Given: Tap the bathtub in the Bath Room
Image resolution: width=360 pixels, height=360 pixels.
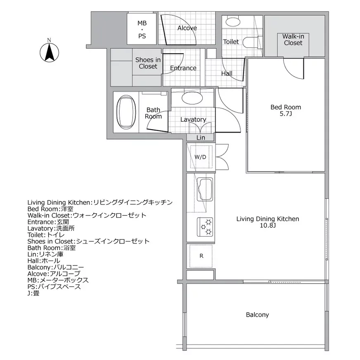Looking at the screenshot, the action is click(126, 112).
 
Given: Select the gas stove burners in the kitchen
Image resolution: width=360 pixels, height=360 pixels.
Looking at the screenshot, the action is click(205, 227).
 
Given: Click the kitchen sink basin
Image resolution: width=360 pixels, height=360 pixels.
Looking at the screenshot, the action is click(205, 189).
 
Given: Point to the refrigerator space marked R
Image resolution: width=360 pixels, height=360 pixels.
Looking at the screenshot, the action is click(201, 256).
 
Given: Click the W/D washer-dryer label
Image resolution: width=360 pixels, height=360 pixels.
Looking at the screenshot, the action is click(200, 157).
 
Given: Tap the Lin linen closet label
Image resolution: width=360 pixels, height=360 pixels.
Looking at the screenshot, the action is click(201, 137).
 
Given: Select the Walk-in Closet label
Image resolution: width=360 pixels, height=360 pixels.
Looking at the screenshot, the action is click(293, 40).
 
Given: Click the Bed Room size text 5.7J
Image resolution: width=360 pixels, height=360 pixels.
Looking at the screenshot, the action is click(286, 114).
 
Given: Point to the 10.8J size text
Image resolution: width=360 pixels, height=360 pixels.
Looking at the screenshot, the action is click(268, 225).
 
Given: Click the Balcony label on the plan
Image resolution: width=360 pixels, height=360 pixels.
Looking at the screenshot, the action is click(257, 315).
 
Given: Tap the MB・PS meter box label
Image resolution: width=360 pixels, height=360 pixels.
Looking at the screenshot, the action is click(142, 30).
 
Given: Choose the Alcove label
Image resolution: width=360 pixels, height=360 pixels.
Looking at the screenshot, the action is click(187, 28).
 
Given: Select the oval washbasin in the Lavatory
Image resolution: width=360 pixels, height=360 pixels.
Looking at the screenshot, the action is click(192, 98).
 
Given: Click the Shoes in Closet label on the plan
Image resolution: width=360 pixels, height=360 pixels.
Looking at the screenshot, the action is click(148, 63).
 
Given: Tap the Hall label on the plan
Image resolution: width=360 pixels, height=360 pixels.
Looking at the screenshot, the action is click(227, 73).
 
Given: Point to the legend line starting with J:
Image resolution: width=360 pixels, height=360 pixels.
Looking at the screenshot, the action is click(33, 293).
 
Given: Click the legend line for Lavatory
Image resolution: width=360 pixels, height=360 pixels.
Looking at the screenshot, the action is click(51, 228).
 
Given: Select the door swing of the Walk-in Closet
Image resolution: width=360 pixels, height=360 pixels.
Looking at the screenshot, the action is click(294, 69).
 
